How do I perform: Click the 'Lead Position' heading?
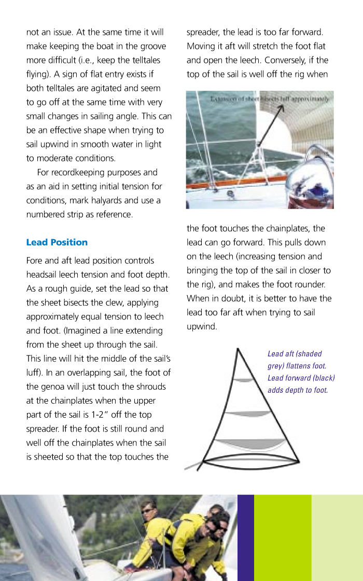click(x=57, y=242)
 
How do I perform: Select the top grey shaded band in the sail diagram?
click(x=243, y=380)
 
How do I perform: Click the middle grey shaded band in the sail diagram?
click(x=246, y=413)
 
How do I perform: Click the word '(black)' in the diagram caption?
click(x=323, y=378)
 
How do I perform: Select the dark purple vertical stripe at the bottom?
click(x=245, y=537)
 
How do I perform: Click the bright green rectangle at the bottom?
click(x=282, y=537)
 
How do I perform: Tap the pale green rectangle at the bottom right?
click(x=337, y=537)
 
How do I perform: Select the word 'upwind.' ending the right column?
click(x=202, y=326)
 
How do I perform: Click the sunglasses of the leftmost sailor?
click(x=147, y=511)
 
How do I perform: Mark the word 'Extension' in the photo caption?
click(x=226, y=98)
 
